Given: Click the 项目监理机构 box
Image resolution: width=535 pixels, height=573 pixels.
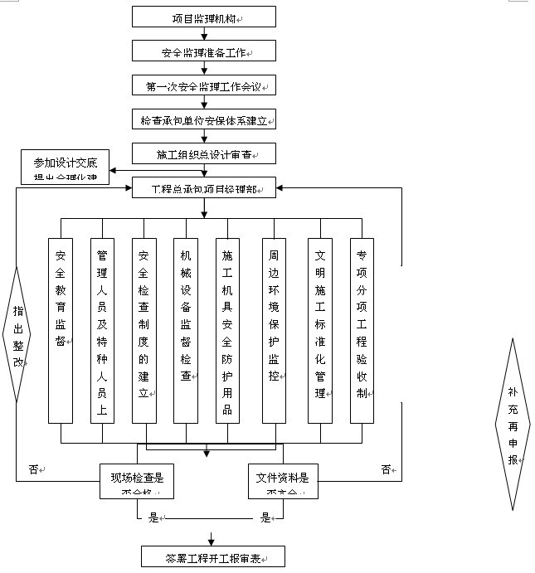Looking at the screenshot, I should [203, 17].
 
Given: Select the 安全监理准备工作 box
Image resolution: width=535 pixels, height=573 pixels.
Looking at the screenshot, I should [203, 52].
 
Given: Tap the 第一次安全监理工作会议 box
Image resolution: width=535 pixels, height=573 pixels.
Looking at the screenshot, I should [203, 86].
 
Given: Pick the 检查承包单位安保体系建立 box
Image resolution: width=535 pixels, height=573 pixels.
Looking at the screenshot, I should [203, 120].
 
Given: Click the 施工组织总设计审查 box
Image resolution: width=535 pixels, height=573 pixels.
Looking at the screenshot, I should [203, 154].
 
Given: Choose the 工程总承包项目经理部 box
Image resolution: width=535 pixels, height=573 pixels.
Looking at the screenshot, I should [203, 189].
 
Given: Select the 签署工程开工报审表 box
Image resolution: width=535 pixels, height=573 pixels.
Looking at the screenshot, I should [213, 556].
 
